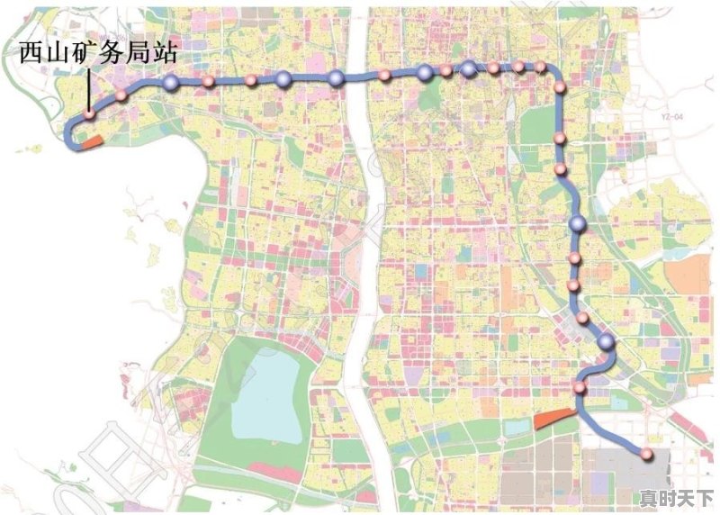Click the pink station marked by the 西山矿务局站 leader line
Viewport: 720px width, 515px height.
tap(90, 114)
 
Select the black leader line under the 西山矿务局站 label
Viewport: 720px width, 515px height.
tap(88, 89)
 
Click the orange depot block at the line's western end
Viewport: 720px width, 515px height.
tap(91, 140)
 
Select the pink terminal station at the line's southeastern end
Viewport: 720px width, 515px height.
tap(646, 452)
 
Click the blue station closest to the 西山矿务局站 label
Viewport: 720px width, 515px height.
tap(171, 84)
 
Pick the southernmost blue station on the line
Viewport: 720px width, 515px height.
tap(607, 341)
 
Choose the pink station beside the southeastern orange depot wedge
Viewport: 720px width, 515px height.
tap(580, 388)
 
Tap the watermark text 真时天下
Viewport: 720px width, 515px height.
tap(675, 498)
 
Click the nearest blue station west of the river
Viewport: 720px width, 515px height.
tap(336, 78)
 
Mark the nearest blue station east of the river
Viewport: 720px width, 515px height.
tap(425, 73)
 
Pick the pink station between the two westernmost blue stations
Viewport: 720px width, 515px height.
tap(208, 82)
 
